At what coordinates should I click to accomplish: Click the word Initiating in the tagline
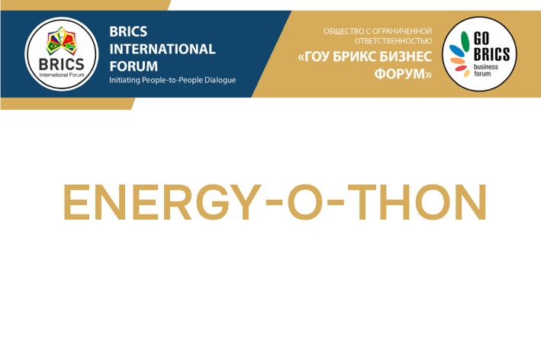pyautogui.click(x=127, y=80)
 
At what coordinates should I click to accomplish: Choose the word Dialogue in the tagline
pyautogui.click(x=222, y=80)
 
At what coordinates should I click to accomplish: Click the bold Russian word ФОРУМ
pyautogui.click(x=403, y=75)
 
